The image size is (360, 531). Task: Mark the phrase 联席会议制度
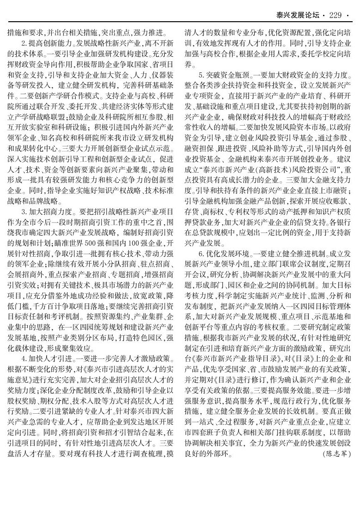pos(291,265)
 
